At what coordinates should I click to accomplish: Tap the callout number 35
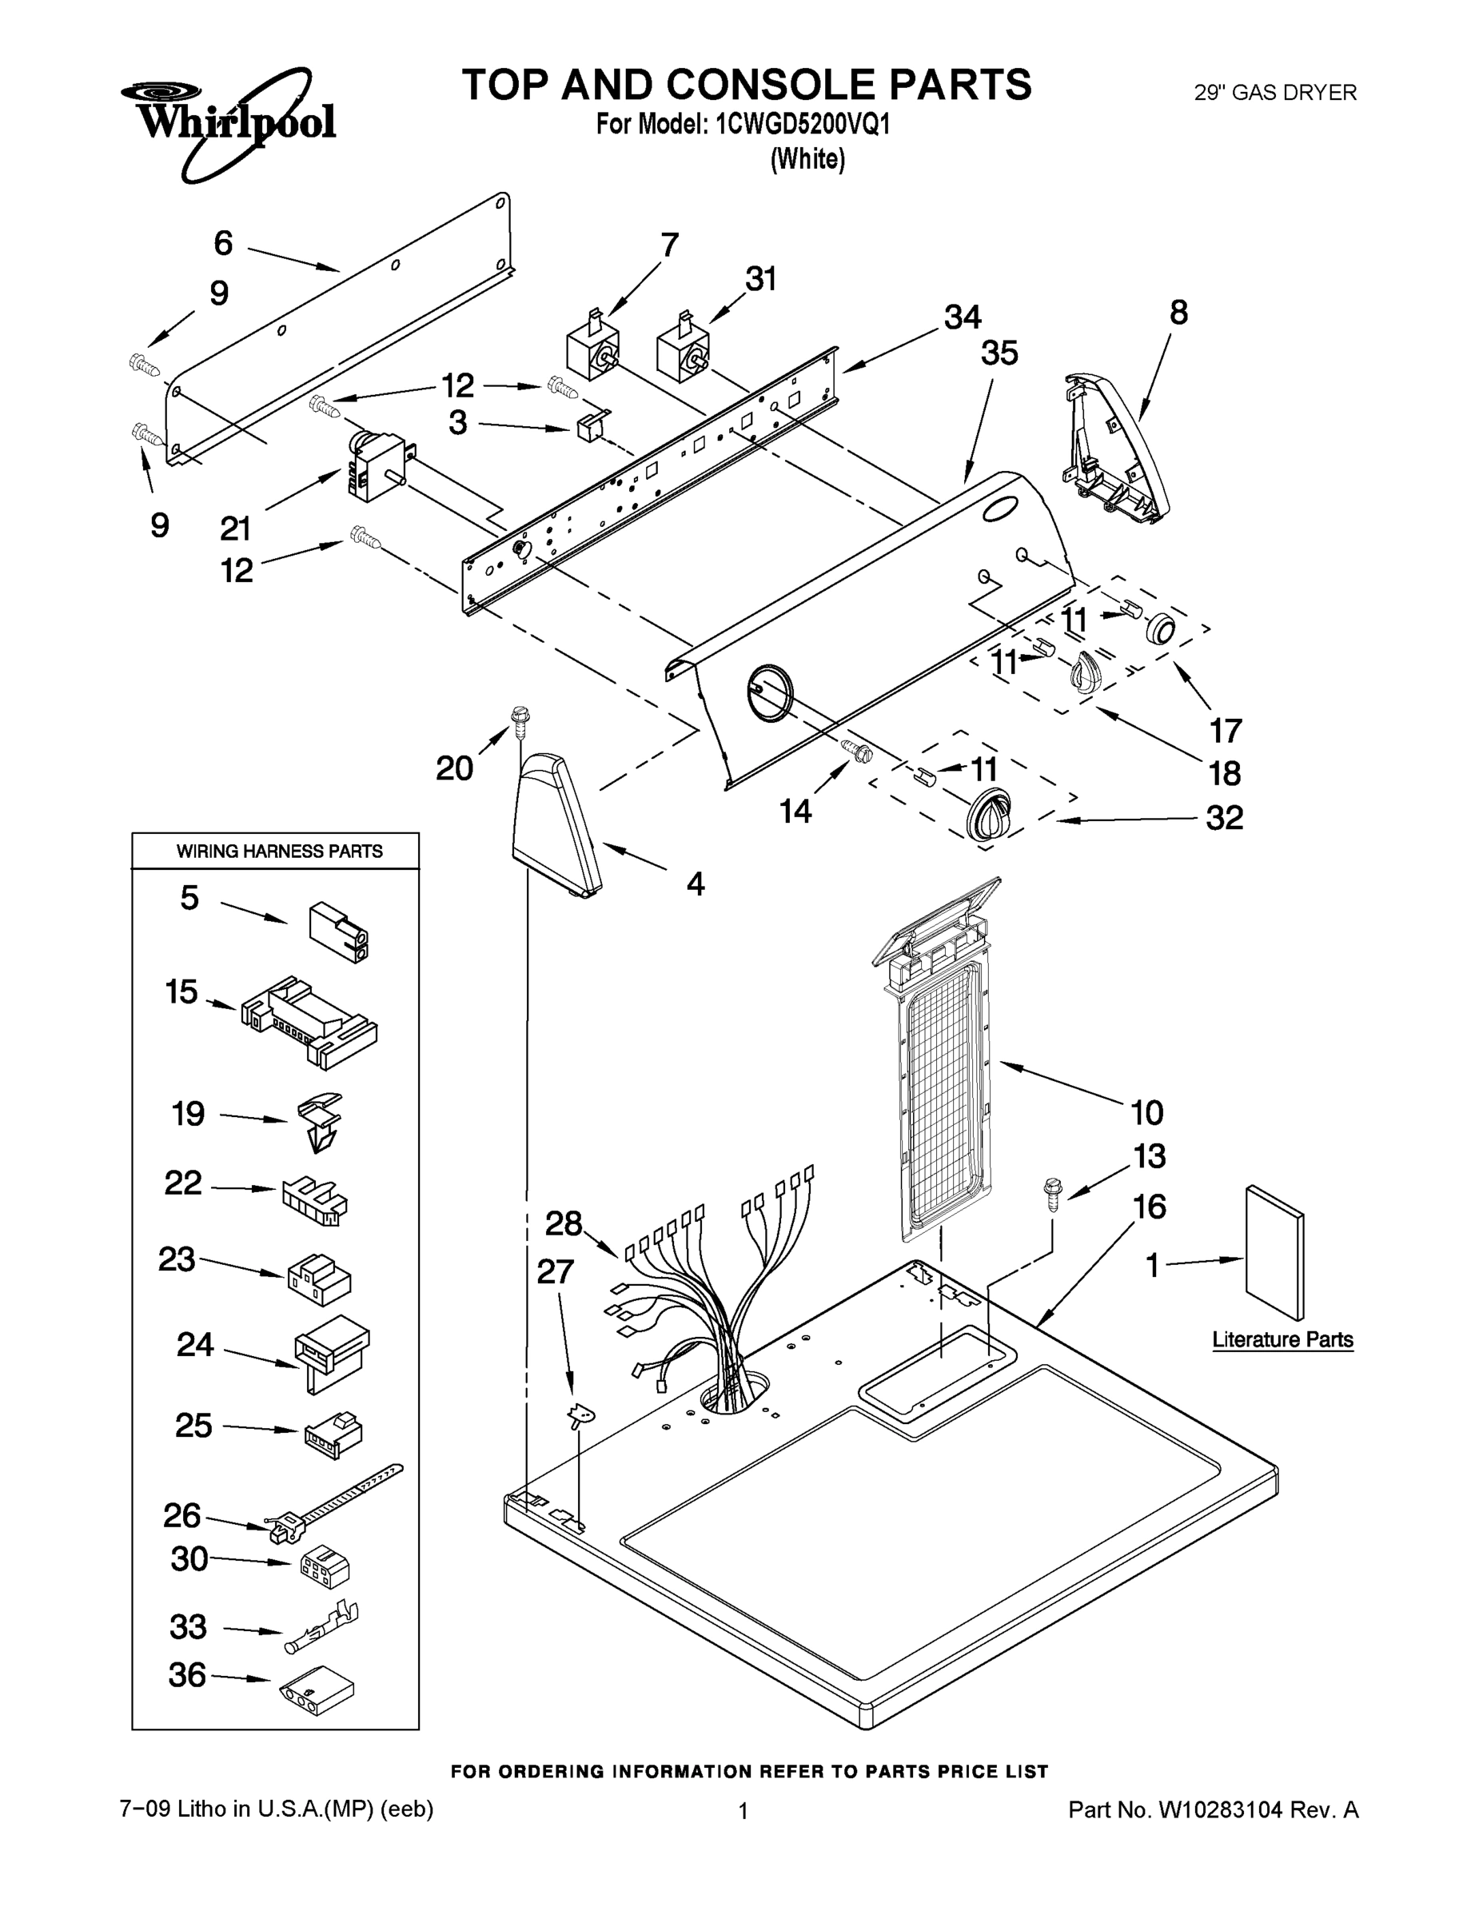pyautogui.click(x=999, y=353)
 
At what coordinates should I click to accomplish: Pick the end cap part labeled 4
pyautogui.click(x=557, y=826)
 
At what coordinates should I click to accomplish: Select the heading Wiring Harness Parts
pyautogui.click(x=279, y=851)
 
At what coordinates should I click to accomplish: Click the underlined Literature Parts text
pyautogui.click(x=1282, y=1339)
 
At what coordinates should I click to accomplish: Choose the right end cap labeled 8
pyautogui.click(x=1111, y=448)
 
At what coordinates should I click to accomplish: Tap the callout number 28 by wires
pyautogui.click(x=563, y=1223)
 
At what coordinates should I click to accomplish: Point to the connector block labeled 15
pyautogui.click(x=308, y=1020)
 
